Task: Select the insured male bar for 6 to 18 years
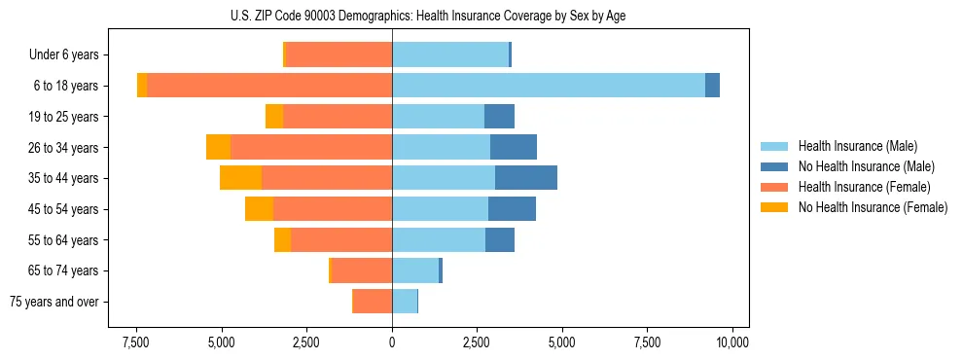click(549, 86)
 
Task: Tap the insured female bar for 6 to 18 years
click(269, 86)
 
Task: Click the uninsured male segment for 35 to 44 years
click(526, 178)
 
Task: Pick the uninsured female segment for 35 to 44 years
click(240, 178)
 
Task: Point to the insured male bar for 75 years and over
click(405, 302)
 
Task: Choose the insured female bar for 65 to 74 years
click(362, 270)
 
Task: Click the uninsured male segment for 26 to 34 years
click(514, 147)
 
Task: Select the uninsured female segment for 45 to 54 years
click(259, 209)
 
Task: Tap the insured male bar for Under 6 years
click(450, 54)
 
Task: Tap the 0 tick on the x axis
click(392, 342)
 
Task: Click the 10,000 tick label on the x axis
click(731, 342)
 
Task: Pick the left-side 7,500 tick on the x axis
click(135, 342)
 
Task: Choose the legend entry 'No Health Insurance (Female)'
click(872, 207)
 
